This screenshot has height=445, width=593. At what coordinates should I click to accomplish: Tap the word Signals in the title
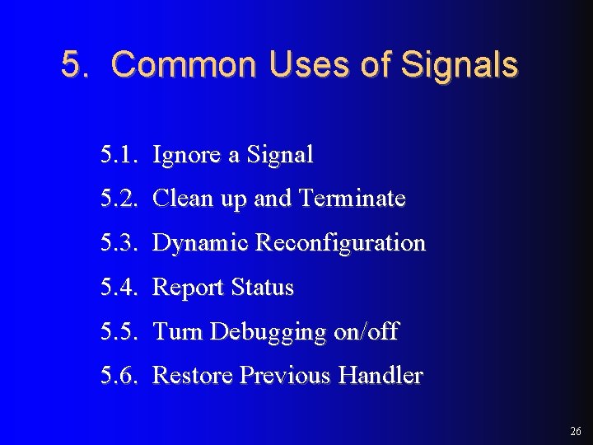459,65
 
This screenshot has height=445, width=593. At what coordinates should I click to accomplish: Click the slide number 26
574,431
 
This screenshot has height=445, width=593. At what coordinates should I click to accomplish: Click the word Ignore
186,154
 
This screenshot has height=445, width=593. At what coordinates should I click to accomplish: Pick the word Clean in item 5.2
179,199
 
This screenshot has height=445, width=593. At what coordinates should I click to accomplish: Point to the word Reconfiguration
340,243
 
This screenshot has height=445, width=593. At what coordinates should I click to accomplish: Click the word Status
262,288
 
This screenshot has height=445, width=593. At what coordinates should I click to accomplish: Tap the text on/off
366,332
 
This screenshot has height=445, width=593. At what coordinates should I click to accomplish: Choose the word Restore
193,376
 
